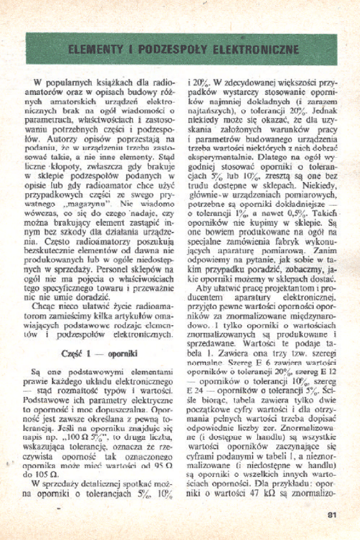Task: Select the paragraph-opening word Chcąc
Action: [x=50, y=307]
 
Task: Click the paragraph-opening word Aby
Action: [x=205, y=289]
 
